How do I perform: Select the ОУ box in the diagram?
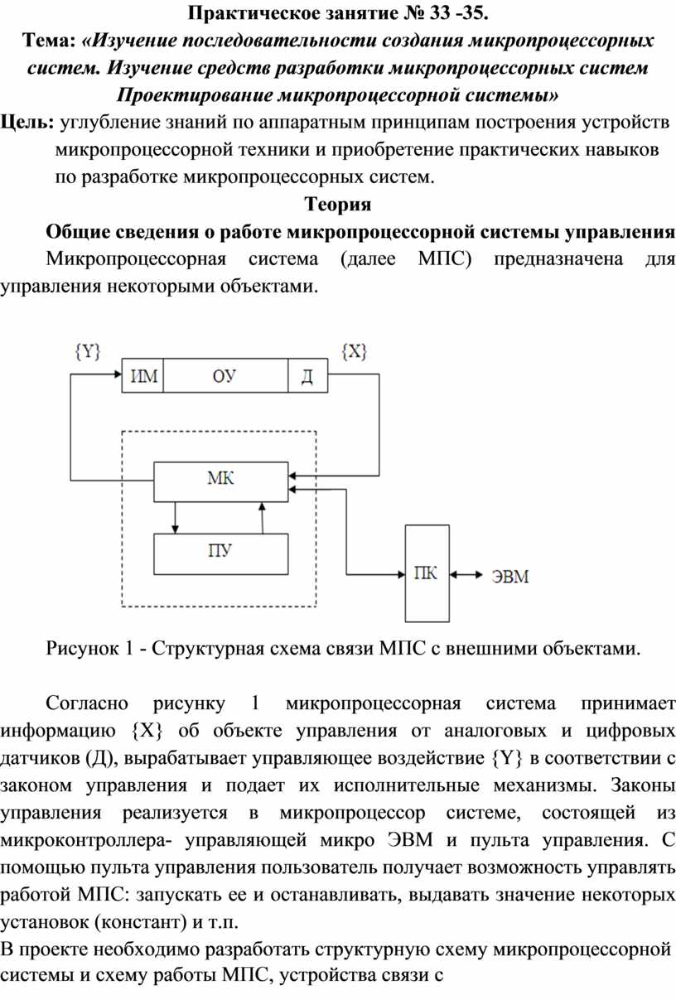[225, 376]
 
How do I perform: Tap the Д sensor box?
[307, 376]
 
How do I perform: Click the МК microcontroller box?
[220, 478]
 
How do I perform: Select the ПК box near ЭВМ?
[427, 573]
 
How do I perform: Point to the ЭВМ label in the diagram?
[510, 576]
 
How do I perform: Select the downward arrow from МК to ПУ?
[175, 517]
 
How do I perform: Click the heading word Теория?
[338, 204]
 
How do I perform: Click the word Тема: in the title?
[49, 40]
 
